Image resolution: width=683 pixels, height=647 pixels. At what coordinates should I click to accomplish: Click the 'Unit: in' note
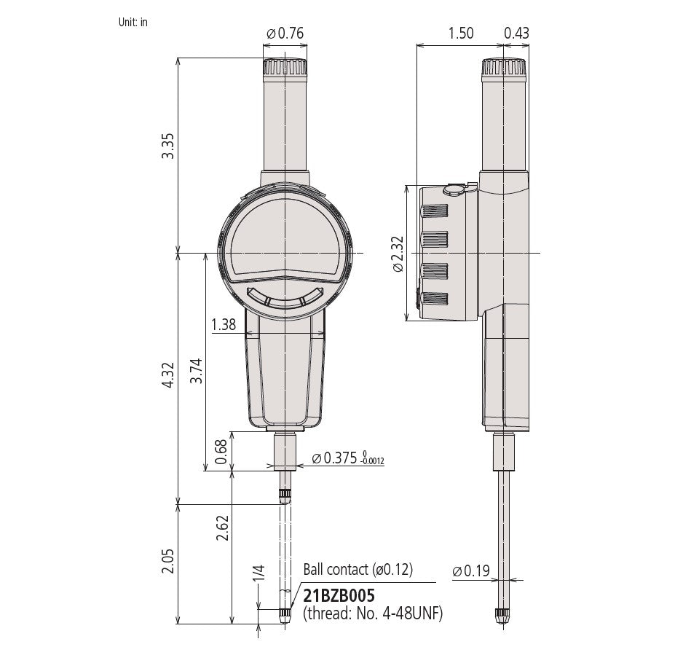[x=133, y=23]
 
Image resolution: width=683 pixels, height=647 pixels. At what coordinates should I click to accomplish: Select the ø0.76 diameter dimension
[x=285, y=33]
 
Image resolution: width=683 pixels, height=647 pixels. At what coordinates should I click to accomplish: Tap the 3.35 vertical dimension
[x=167, y=146]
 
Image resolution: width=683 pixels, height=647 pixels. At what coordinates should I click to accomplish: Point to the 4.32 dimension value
[x=167, y=375]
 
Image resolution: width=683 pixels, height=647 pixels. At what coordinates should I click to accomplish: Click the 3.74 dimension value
[x=197, y=371]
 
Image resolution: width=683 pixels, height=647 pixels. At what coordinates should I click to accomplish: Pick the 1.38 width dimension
[x=224, y=324]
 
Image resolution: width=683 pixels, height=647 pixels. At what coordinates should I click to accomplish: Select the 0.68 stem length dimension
[x=221, y=452]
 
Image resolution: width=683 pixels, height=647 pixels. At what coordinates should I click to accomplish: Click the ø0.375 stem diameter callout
[x=348, y=458]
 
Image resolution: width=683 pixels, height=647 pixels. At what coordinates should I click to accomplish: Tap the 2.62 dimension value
[x=223, y=528]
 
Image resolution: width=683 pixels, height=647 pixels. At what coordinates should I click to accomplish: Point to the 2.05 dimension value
[x=167, y=561]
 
